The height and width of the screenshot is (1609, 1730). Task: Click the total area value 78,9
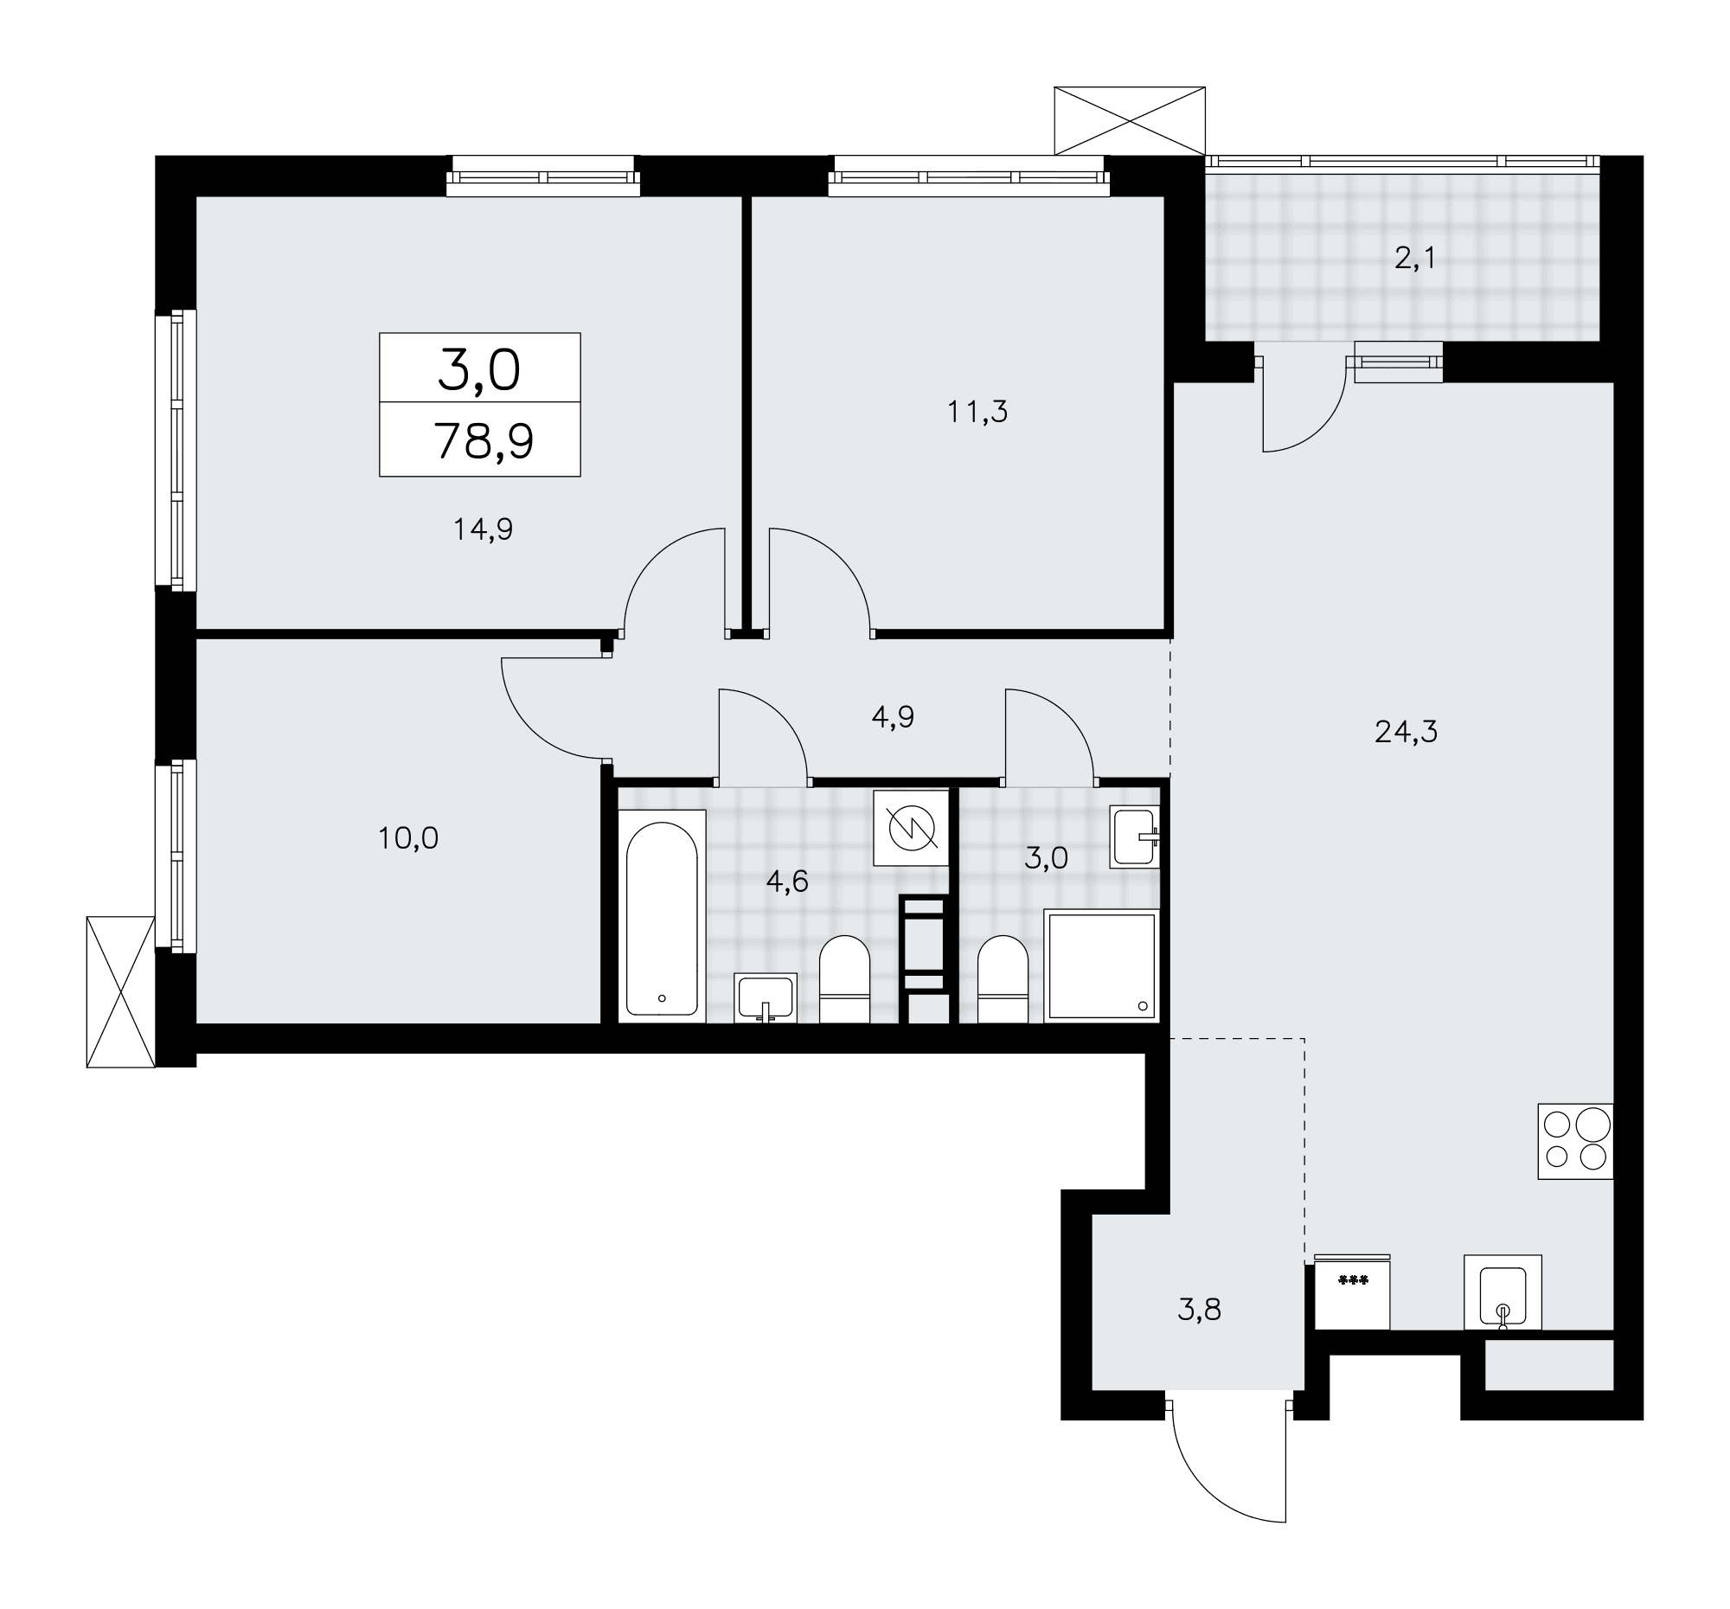point(484,442)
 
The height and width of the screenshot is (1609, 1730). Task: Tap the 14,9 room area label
point(483,529)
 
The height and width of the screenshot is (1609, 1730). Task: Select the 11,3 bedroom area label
point(977,412)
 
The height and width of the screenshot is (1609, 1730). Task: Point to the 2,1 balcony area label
point(1414,259)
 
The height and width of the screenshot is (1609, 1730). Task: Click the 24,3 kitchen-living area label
point(1406,732)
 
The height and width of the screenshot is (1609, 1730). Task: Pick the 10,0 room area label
point(408,838)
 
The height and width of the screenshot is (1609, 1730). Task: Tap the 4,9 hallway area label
point(893,716)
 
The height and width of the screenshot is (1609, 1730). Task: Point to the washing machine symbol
point(911,828)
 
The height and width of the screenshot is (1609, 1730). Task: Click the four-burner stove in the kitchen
point(1575,1141)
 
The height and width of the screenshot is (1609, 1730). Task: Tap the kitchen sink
point(1503,1292)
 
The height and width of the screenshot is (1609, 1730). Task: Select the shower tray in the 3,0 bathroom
point(1102,966)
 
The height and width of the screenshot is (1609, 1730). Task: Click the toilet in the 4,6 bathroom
point(845,979)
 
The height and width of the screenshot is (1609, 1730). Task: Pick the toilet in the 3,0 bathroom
point(1003,979)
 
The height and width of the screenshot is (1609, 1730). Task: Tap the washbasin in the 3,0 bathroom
point(1135,837)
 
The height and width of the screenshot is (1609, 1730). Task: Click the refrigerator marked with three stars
point(1352,1292)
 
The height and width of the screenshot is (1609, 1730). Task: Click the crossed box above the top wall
point(1130,121)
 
